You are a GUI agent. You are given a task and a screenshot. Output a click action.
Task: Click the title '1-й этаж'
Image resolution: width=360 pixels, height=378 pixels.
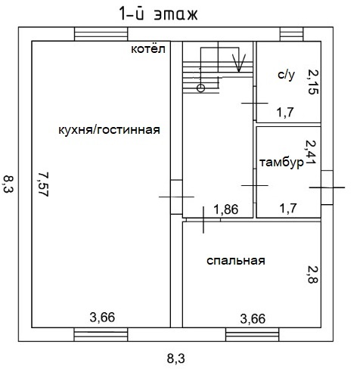click(x=158, y=14)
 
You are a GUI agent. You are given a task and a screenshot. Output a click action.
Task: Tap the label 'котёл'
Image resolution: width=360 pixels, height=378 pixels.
click(x=148, y=48)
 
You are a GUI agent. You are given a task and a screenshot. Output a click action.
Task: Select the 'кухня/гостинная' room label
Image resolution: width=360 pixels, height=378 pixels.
click(x=109, y=130)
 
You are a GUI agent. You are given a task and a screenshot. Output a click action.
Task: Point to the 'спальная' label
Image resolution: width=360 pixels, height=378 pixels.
click(x=236, y=261)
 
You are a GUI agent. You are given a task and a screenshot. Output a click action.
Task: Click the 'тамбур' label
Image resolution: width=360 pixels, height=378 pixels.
click(x=281, y=163)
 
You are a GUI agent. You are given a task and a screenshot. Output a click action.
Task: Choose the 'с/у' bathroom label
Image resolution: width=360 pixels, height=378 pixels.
click(x=287, y=75)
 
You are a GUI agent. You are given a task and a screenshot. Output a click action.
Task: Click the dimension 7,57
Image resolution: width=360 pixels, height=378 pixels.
click(x=43, y=184)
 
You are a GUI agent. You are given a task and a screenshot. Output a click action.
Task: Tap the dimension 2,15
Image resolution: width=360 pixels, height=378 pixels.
click(x=313, y=82)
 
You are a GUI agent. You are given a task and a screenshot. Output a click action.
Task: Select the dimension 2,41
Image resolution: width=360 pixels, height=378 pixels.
click(x=311, y=152)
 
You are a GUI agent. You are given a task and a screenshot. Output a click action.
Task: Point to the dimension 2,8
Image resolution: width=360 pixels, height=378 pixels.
click(x=313, y=274)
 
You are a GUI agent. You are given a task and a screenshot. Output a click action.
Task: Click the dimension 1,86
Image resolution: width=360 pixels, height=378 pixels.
click(x=226, y=209)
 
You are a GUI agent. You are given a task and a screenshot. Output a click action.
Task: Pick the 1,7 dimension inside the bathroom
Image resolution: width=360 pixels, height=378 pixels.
click(x=285, y=112)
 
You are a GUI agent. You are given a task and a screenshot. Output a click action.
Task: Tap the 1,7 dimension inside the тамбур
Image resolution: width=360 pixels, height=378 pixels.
click(x=288, y=208)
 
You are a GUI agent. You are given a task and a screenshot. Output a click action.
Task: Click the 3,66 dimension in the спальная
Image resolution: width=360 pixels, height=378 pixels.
click(x=253, y=319)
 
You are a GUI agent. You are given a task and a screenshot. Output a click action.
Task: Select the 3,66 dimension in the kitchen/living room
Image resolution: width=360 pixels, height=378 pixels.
click(x=102, y=318)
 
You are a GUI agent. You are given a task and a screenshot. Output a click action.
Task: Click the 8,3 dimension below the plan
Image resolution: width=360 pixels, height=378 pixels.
click(x=176, y=358)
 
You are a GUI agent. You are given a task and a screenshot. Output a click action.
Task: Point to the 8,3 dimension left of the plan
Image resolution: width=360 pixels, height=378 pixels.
click(x=8, y=184)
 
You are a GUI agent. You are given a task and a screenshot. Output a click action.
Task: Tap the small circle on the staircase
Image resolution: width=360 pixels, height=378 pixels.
click(x=200, y=88)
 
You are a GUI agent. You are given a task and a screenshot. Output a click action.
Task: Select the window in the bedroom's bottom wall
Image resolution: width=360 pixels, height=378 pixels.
click(x=252, y=335)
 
